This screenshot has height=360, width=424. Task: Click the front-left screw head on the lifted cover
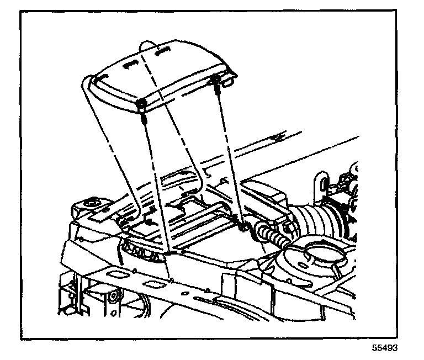pyautogui.click(x=142, y=104)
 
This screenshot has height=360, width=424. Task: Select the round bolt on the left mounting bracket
pyautogui.click(x=90, y=207)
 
